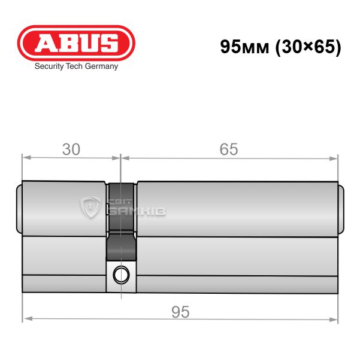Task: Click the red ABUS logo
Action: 76,43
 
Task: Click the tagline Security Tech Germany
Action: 76,66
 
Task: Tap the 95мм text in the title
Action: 245,47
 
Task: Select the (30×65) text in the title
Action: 308,47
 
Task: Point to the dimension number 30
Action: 71,149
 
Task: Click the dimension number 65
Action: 229,149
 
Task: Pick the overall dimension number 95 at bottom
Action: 180,312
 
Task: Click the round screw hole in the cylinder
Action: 121,275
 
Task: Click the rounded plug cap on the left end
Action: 19,209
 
